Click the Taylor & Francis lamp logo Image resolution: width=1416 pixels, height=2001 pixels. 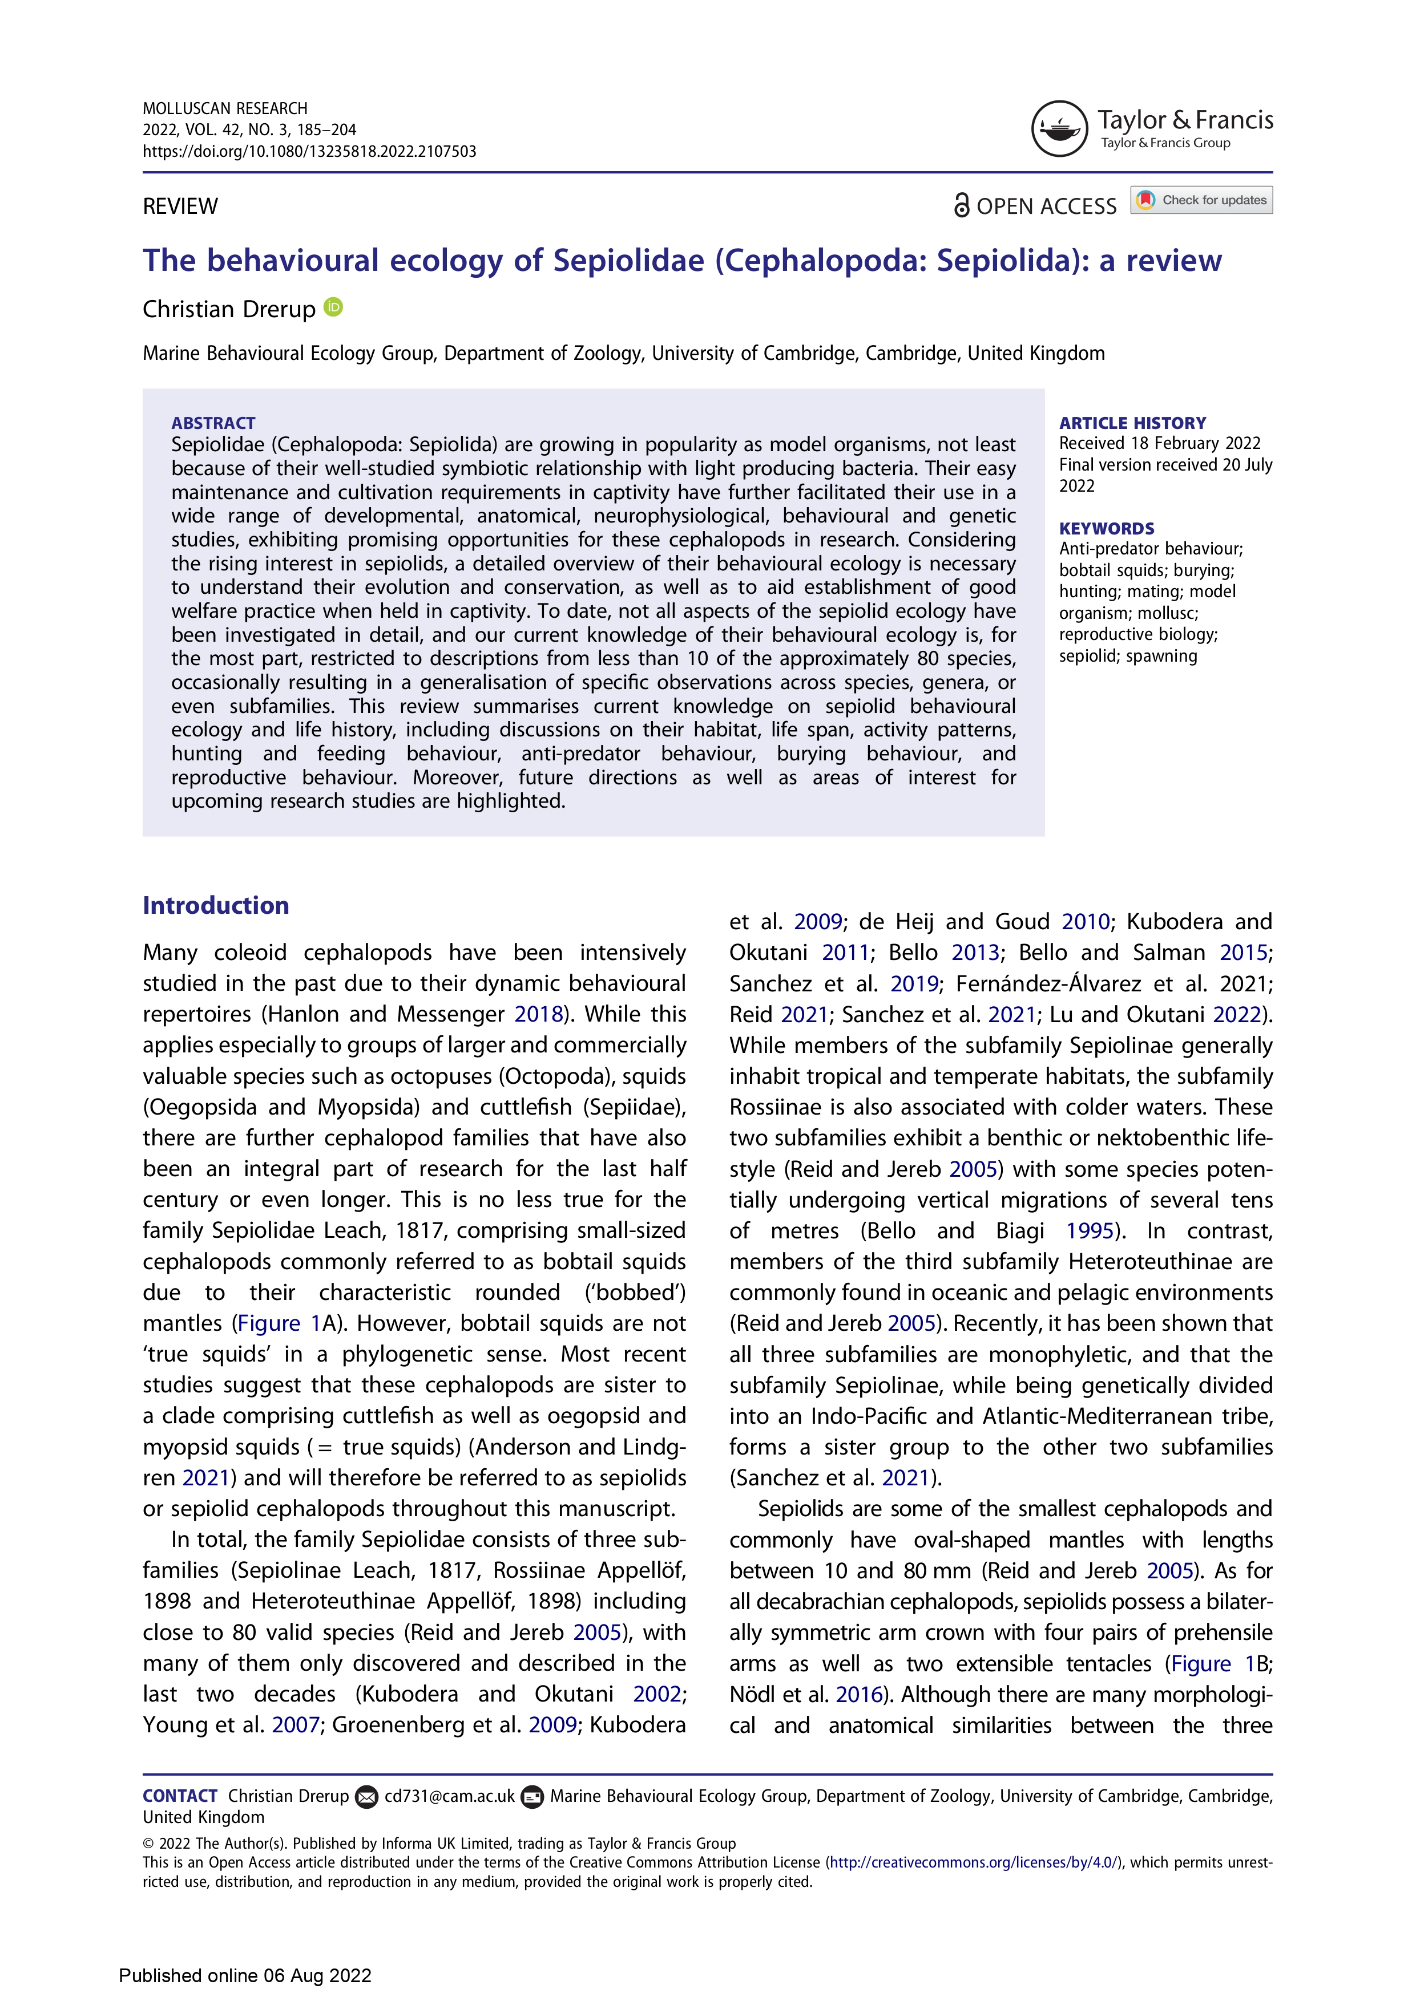(x=1059, y=129)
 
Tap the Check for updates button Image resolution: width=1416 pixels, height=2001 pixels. (x=1201, y=200)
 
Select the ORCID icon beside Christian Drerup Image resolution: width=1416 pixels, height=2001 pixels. (x=333, y=307)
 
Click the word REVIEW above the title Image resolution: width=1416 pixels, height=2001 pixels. (x=180, y=206)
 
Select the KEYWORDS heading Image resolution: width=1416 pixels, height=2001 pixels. (x=1107, y=529)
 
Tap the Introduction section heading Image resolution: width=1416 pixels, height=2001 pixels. (x=215, y=905)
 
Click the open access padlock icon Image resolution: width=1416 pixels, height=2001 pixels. (x=961, y=206)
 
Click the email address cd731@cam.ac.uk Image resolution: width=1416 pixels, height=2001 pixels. (x=449, y=1796)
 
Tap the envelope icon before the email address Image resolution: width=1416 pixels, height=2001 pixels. (x=367, y=1797)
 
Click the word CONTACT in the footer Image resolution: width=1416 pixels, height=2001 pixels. (x=180, y=1796)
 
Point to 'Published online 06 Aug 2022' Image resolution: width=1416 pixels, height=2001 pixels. (x=245, y=1975)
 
